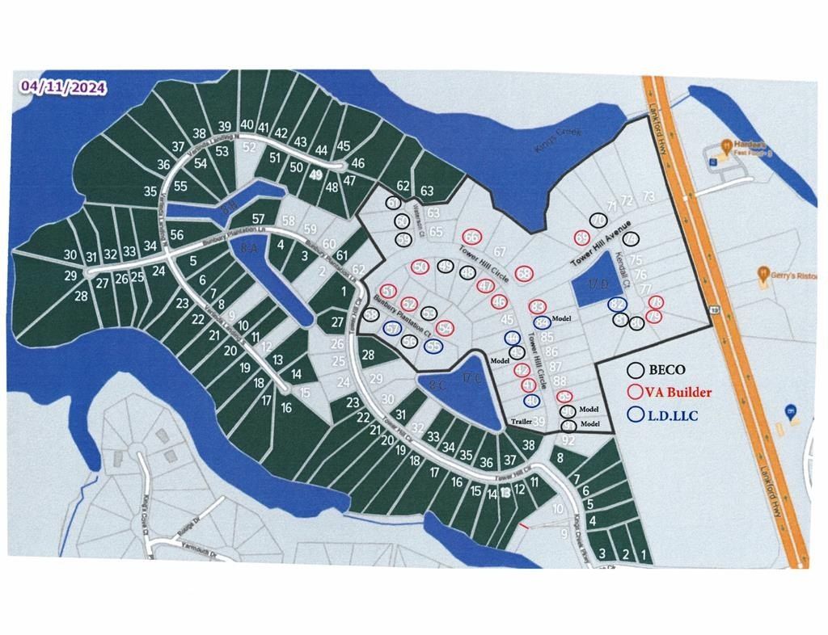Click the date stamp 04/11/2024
(63, 87)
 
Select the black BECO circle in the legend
(637, 370)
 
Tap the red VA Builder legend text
(678, 393)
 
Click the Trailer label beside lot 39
(523, 423)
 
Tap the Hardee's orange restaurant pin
(727, 145)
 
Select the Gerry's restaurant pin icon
(763, 275)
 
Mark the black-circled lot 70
(598, 221)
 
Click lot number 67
(501, 253)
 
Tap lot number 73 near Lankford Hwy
(648, 197)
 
